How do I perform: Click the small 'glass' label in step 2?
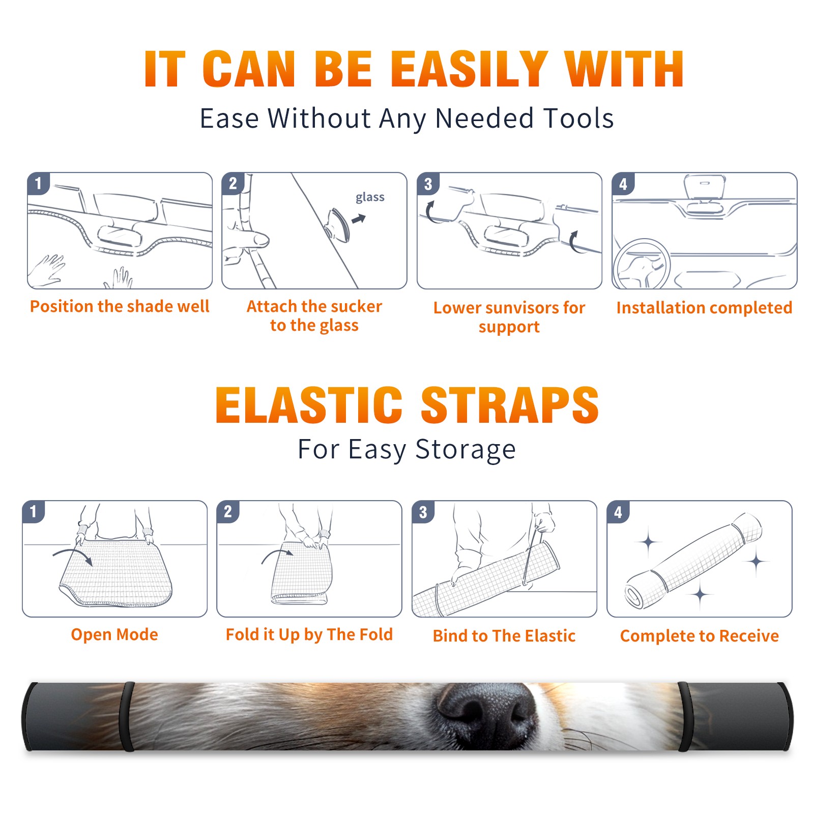pos(370,197)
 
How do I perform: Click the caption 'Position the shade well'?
pos(120,306)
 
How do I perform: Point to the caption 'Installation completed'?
pos(704,307)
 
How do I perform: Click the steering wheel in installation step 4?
pos(642,265)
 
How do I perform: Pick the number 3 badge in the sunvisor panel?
pos(428,184)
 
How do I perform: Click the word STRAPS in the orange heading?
pos(510,405)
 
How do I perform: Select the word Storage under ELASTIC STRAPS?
pos(465,450)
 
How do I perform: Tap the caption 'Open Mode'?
pos(114,634)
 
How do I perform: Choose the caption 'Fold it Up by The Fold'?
pos(309,635)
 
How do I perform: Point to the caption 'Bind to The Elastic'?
pos(504,636)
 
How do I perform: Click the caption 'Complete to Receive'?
pos(700,636)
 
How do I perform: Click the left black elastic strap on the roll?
pos(127,717)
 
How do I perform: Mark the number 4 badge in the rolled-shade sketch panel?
pos(618,512)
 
